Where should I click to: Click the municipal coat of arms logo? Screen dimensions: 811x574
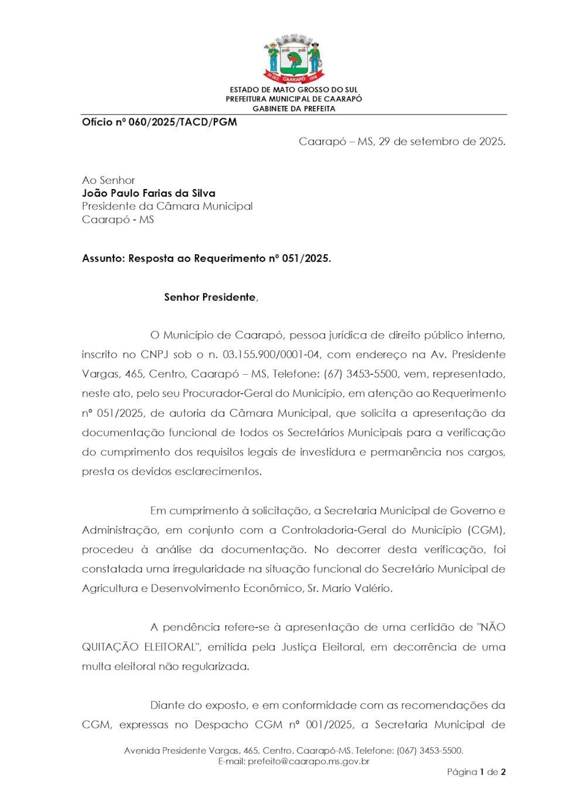tap(293, 59)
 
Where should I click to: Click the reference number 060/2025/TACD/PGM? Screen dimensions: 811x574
tap(182, 122)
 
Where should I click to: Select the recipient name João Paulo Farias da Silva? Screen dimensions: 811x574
tap(149, 193)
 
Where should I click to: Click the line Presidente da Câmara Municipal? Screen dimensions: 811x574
tap(168, 206)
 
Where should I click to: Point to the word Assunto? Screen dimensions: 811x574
tap(102, 258)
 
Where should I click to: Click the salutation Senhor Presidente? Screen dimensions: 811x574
tap(210, 297)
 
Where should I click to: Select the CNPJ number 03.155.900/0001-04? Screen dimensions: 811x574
tap(271, 354)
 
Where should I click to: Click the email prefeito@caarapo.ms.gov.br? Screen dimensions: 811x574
tap(309, 761)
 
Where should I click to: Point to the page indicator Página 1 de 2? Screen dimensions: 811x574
tap(476, 772)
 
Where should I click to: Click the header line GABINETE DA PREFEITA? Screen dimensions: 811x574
tap(293, 109)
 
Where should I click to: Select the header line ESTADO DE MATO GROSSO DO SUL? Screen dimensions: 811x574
tap(293, 90)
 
